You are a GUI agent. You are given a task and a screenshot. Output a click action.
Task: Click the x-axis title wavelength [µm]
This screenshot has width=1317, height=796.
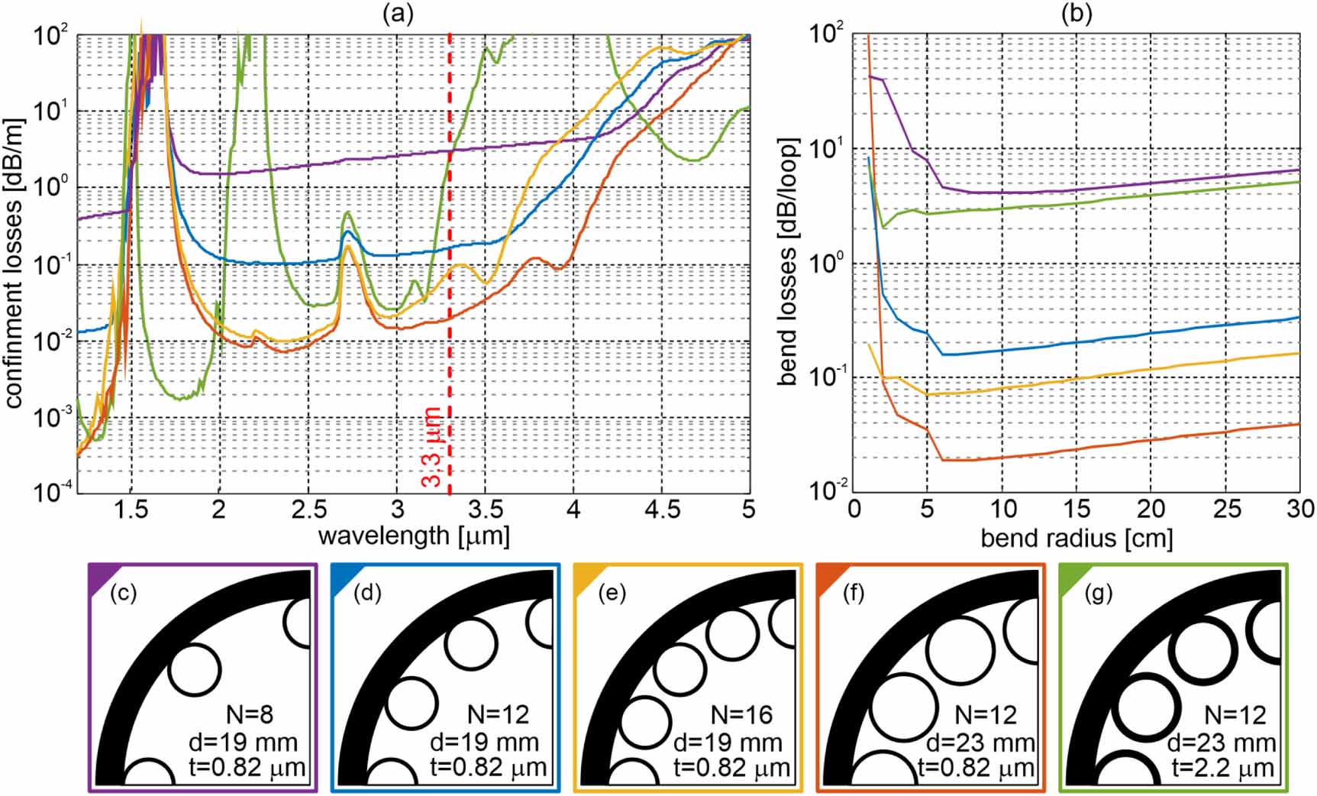click(x=413, y=536)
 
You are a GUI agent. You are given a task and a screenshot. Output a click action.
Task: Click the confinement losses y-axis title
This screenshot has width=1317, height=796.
click(x=15, y=264)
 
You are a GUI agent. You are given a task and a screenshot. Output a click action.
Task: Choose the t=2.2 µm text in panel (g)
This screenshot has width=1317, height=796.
click(x=1231, y=768)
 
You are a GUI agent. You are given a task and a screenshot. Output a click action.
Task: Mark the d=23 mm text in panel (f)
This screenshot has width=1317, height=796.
click(x=980, y=742)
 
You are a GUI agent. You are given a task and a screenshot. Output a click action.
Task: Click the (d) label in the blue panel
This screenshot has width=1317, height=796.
click(x=366, y=592)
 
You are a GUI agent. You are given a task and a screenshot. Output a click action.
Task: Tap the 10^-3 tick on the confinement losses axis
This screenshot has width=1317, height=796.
click(x=53, y=417)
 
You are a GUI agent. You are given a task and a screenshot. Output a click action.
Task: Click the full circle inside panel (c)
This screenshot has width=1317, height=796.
click(x=195, y=668)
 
